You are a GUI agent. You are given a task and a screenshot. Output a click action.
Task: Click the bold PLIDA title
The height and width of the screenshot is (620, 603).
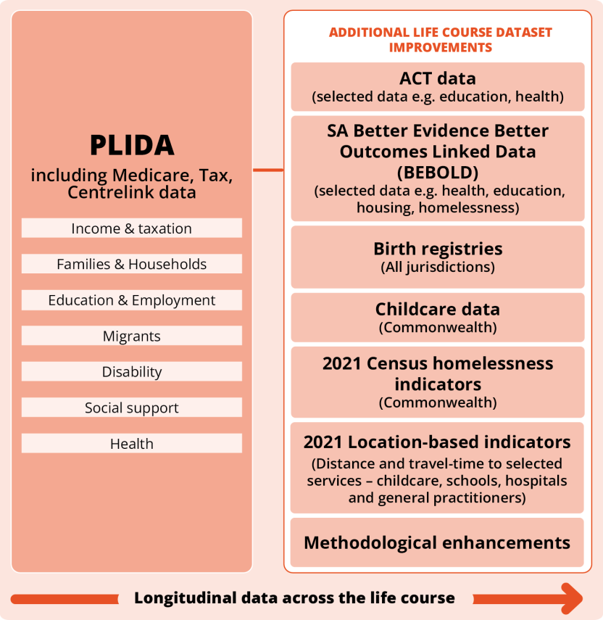[x=132, y=145]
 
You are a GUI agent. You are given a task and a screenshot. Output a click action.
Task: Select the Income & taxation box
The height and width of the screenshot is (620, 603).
[x=132, y=228]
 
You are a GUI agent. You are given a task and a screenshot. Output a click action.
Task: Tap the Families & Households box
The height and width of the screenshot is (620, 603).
[x=132, y=264]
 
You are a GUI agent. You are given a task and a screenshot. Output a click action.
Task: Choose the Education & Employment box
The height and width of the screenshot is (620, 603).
[x=132, y=300]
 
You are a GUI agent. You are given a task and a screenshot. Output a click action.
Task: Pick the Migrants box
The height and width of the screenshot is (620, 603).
[x=132, y=336]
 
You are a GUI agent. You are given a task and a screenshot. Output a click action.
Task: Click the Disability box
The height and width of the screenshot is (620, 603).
[x=132, y=372]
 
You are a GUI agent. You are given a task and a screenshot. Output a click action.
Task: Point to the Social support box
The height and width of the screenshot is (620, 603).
[x=132, y=408]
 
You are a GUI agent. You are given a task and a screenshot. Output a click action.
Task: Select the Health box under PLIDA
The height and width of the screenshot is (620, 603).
[x=132, y=444]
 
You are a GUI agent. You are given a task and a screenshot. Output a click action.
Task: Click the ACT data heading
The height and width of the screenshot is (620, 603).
[x=437, y=78]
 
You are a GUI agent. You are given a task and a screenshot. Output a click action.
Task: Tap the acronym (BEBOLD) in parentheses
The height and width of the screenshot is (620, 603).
[x=437, y=173]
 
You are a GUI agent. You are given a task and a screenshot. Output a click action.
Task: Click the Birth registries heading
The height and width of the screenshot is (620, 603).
[x=437, y=249]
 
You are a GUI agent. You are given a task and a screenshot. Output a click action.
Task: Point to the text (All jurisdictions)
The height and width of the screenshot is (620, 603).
[x=437, y=267]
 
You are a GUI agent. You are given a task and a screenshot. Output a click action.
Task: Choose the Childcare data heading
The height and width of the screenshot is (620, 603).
[x=437, y=310]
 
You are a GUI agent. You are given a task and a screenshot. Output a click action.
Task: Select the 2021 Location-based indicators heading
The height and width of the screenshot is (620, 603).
[x=437, y=442]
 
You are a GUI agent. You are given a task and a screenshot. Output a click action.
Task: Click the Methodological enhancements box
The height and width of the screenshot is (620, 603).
[x=437, y=542]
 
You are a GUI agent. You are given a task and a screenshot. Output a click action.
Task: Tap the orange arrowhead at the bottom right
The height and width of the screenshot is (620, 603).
[x=572, y=598]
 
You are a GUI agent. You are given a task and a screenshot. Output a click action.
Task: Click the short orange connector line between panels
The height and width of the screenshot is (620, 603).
[x=268, y=170]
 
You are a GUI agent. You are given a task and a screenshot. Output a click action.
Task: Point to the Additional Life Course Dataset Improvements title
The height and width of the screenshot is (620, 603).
[x=440, y=40]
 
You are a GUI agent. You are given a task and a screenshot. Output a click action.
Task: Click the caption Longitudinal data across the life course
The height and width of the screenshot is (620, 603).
[x=294, y=598]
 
